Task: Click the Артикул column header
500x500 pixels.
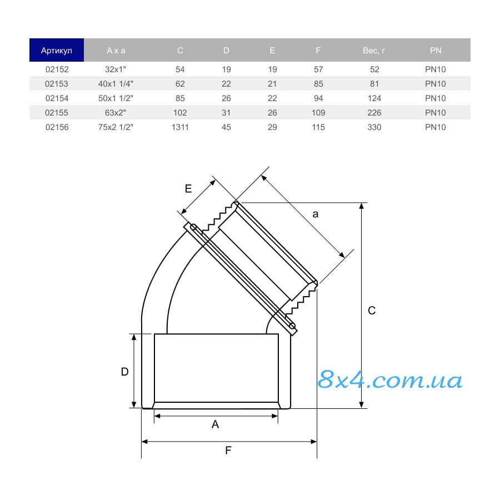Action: point(57,51)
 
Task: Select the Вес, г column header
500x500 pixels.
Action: point(374,51)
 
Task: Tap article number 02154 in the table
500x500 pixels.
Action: point(57,98)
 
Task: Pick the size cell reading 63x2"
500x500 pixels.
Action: point(116,113)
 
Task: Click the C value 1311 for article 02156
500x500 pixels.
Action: point(180,127)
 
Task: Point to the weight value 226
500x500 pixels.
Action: point(374,113)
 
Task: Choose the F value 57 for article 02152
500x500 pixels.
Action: point(318,69)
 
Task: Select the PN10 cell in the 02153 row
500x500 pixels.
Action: point(435,84)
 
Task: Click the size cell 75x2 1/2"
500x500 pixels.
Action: point(116,127)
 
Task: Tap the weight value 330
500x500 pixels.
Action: point(374,127)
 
